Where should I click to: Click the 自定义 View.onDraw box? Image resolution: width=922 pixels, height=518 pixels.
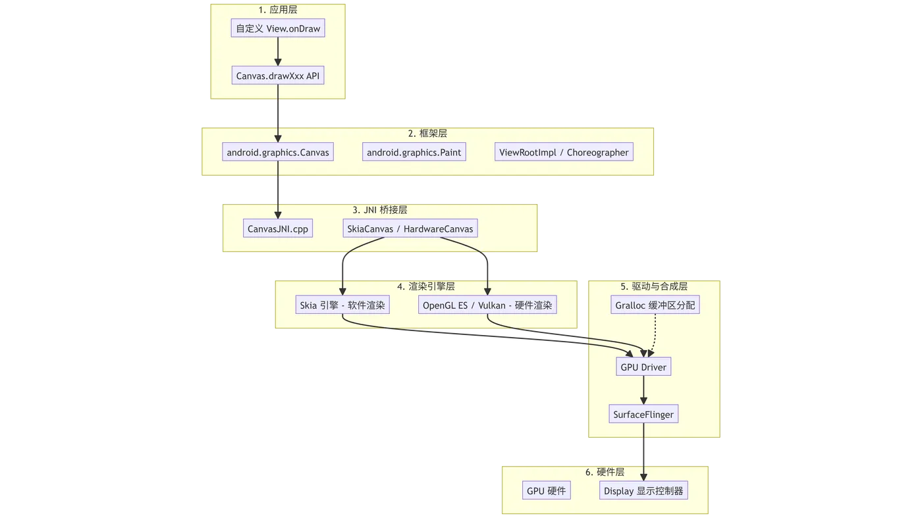tap(278, 29)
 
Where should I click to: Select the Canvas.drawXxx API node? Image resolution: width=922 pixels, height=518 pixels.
tap(278, 76)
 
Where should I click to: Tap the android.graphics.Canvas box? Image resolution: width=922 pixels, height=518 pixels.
tap(278, 153)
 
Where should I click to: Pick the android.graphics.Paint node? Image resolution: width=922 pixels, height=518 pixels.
tap(414, 153)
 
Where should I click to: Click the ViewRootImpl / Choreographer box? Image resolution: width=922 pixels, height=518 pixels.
tap(564, 153)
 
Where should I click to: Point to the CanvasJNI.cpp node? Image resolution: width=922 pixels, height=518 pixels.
tap(278, 229)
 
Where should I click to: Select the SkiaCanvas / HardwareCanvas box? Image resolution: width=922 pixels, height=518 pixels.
tap(410, 229)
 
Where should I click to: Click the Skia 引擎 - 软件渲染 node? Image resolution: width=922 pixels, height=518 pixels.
tap(342, 305)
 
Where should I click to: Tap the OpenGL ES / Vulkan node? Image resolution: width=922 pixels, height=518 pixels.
tap(488, 305)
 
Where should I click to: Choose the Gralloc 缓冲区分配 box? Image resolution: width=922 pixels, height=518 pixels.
tap(655, 305)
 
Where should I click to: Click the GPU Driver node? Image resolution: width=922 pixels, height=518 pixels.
tap(643, 367)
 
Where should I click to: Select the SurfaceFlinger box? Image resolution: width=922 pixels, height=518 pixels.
tap(643, 415)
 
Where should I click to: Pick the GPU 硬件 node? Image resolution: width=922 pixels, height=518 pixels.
tap(546, 491)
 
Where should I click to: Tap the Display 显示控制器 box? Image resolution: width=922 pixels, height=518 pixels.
tap(644, 491)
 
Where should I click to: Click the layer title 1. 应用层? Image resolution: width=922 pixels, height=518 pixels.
tap(278, 10)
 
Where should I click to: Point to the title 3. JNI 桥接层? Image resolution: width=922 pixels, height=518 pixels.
tap(380, 210)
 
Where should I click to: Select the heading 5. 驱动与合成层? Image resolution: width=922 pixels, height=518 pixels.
tap(654, 286)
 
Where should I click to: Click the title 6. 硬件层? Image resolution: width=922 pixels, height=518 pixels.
tap(605, 472)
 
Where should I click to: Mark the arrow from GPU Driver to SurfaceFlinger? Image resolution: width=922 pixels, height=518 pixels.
tap(643, 391)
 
